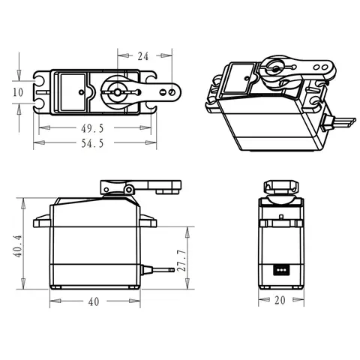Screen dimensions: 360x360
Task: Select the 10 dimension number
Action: (x=19, y=91)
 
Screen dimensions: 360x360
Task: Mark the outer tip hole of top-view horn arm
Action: (x=174, y=92)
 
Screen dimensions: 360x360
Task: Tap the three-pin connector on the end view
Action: (x=282, y=269)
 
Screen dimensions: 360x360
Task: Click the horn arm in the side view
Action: (x=150, y=185)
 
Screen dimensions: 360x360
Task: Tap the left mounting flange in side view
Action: (x=42, y=220)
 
